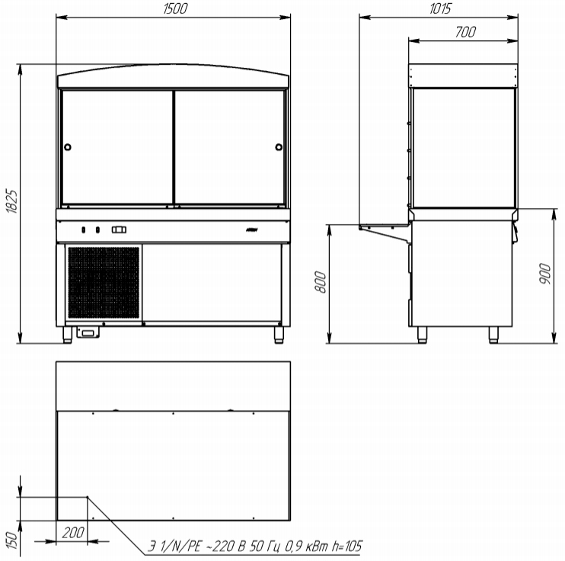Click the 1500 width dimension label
pos(175,8)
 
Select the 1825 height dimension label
pos(11,201)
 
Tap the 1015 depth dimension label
pos(440,8)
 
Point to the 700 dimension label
pos(465,32)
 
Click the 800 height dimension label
pos(321,282)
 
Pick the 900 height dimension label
pos(545,274)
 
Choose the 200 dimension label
pos(73,533)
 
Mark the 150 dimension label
pos(11,540)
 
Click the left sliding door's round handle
pos(67,147)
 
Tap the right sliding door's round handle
pos(279,147)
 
